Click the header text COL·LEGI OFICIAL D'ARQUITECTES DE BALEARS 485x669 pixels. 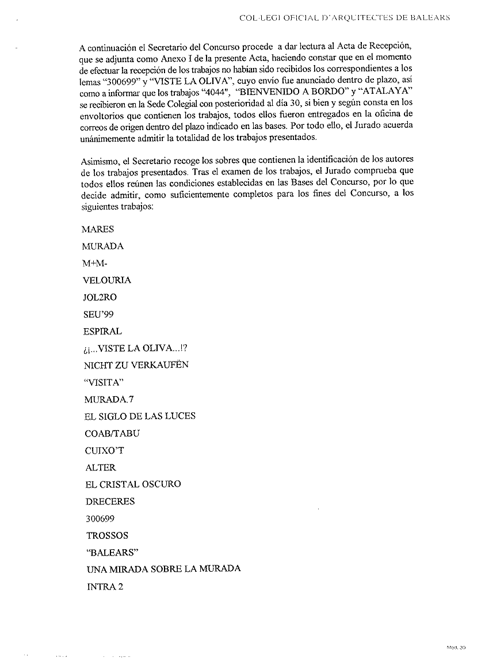point(343,18)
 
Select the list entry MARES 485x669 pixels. point(98,229)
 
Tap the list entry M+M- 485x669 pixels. point(95,263)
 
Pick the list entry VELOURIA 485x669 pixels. point(107,280)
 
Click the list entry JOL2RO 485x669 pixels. point(100,298)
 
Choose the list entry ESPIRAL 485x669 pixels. point(102,332)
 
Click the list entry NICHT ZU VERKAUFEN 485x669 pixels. point(136,365)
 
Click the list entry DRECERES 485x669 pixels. point(110,501)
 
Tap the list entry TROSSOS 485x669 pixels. point(107,535)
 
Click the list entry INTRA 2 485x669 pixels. point(105,587)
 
